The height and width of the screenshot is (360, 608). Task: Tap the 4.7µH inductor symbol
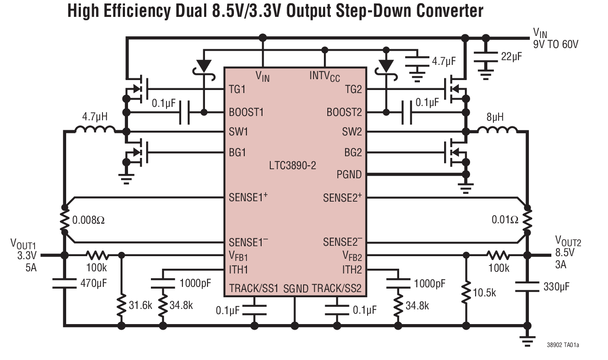(x=95, y=129)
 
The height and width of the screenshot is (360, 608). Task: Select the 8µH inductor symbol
(x=497, y=129)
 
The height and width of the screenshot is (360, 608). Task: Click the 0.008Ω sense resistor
(x=64, y=220)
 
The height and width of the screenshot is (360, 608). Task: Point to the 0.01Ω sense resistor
(x=527, y=220)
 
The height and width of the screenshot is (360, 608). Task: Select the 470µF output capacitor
(x=64, y=283)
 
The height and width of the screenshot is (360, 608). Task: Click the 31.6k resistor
(x=121, y=305)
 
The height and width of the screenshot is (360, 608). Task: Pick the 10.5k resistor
(x=466, y=293)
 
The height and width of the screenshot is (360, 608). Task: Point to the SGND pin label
(x=295, y=289)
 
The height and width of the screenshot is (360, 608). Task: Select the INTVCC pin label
(x=324, y=76)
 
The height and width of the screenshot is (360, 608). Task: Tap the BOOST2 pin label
(x=344, y=112)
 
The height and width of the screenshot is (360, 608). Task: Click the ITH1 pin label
(x=239, y=269)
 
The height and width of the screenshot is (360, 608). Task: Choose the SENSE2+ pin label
(x=342, y=198)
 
